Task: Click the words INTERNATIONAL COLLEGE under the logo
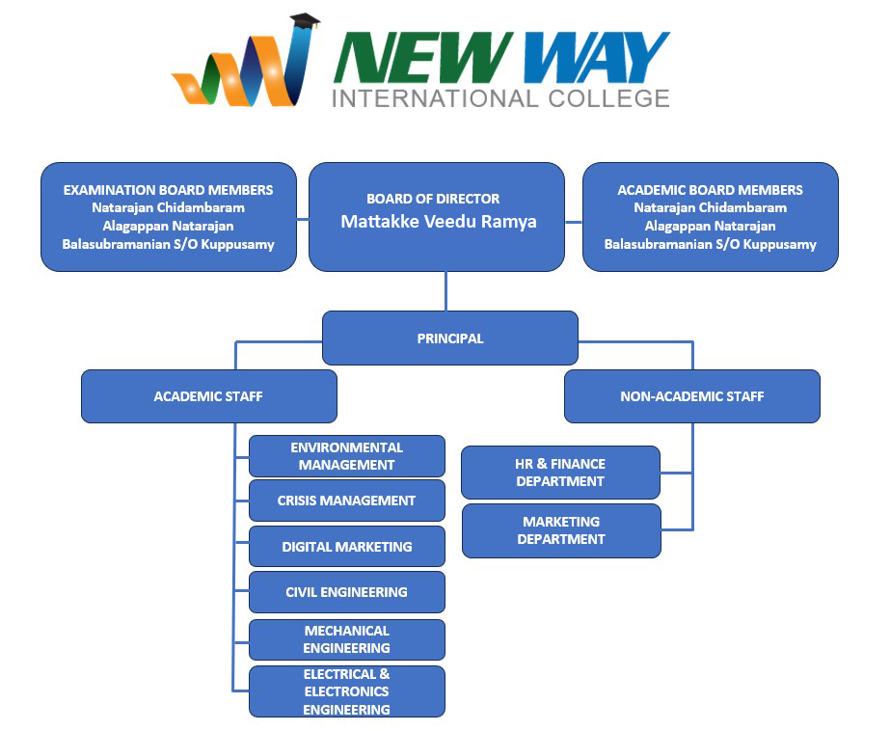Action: (499, 98)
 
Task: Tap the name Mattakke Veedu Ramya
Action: (438, 222)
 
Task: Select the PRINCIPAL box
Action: (449, 338)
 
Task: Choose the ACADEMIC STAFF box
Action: (208, 396)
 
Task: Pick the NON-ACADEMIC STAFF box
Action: (691, 396)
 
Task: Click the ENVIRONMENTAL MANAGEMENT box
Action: (346, 456)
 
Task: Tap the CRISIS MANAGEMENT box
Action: (346, 501)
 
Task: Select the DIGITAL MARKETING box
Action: (346, 546)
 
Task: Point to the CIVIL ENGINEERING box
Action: (346, 592)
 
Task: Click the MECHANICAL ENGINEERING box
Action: (346, 639)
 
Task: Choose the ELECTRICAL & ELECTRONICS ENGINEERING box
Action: (346, 691)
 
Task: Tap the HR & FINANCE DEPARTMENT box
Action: (560, 473)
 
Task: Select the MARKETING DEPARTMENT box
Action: (560, 530)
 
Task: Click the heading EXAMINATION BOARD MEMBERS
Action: (168, 190)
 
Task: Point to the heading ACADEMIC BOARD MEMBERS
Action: (710, 190)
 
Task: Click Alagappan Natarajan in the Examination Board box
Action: (168, 226)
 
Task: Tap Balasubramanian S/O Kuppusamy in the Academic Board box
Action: (710, 244)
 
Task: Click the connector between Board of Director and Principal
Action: (445, 290)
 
